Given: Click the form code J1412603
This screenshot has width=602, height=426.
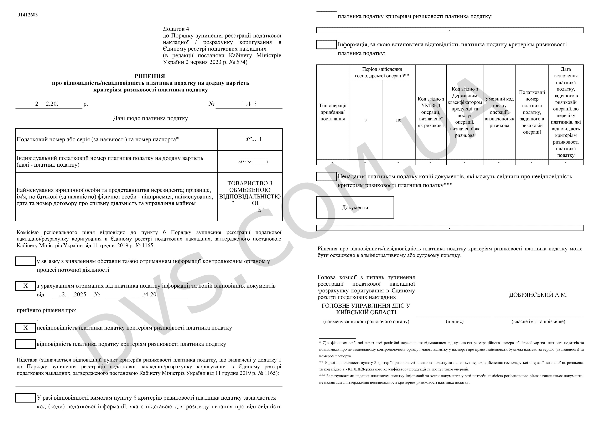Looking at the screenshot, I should point(28,15).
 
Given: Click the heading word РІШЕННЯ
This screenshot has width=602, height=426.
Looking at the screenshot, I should point(150,76).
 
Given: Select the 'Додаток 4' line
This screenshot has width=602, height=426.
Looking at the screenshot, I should point(176,29).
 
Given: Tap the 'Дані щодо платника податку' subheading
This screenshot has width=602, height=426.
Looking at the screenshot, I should point(151,118).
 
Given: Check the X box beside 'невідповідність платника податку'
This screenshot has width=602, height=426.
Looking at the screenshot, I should point(25,328).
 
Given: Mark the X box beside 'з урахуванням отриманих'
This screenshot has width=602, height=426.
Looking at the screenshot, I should point(25,286).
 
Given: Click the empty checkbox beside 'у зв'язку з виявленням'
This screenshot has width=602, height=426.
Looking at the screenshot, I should point(25,261).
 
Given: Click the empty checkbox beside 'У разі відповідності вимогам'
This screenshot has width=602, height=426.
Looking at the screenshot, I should point(25,398).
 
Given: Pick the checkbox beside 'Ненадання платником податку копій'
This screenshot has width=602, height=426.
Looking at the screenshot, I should point(326,177).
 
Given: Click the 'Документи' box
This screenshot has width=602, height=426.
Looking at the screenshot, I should point(355,208).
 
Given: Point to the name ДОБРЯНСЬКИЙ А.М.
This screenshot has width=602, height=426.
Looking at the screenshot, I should point(538,295).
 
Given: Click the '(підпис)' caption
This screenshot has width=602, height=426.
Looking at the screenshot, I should point(455,322).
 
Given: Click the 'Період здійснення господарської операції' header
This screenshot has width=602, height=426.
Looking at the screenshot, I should point(382,72).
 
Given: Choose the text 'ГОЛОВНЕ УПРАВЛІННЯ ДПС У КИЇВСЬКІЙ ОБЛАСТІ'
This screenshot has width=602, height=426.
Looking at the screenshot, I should point(366,309).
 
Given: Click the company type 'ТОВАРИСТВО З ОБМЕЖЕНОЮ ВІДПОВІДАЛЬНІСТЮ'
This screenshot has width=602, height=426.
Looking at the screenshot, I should point(250,190).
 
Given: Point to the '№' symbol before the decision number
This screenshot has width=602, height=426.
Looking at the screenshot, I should point(211,104).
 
